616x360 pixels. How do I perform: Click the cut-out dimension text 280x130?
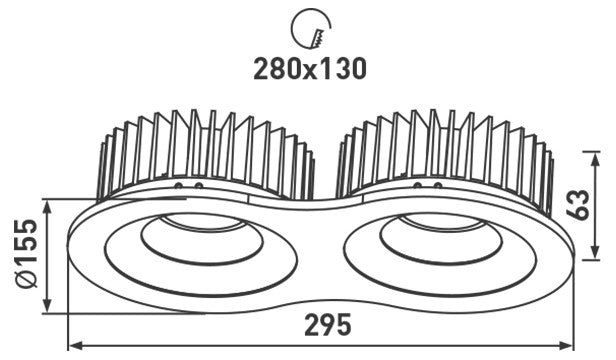(310, 69)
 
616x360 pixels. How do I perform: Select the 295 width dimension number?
(328, 325)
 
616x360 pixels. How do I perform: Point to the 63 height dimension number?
(578, 204)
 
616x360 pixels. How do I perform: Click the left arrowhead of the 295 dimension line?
(75, 346)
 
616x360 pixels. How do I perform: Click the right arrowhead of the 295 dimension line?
(567, 346)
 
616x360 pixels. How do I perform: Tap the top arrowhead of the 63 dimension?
(596, 158)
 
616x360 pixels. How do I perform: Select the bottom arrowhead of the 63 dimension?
(596, 252)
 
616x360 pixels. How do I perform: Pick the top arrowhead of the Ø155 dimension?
(47, 207)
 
